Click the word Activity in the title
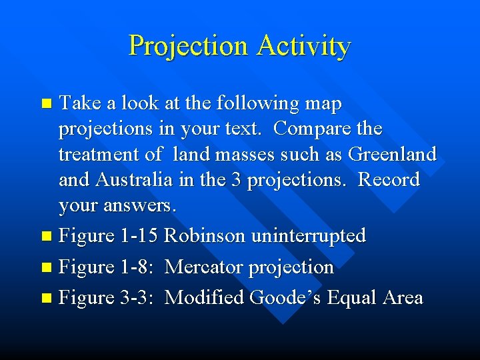303,46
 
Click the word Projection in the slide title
189,46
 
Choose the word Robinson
207,235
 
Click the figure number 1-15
139,235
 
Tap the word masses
260,154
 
